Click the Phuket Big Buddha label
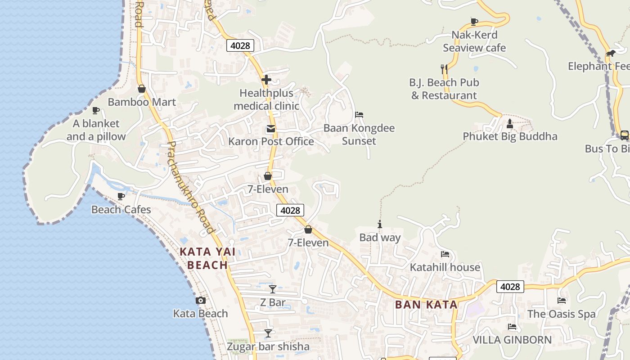tap(510, 136)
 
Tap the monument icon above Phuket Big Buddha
tap(510, 123)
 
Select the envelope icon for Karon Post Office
tap(270, 129)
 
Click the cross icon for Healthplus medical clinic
tap(266, 80)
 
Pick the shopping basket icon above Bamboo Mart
tap(142, 89)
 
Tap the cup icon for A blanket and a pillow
tap(95, 110)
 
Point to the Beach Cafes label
tap(121, 210)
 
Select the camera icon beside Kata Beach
tap(201, 300)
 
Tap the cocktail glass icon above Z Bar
tap(273, 289)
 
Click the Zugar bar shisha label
tap(268, 346)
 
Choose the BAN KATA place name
tap(426, 305)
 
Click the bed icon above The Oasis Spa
tap(561, 300)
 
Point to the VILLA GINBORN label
tap(512, 340)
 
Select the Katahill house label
tap(445, 267)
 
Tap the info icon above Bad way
tap(380, 224)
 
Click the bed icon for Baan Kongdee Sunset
tap(359, 115)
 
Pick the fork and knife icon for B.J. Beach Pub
tap(444, 69)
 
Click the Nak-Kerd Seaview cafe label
tap(474, 41)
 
